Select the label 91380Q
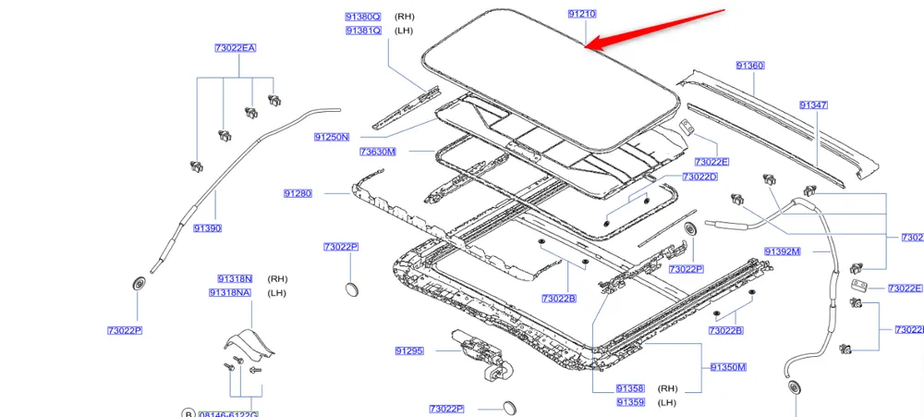click(x=363, y=17)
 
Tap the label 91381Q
click(x=363, y=31)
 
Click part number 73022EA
click(x=235, y=47)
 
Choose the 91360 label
click(x=750, y=66)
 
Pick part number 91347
click(x=814, y=105)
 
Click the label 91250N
click(x=332, y=137)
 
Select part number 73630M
click(x=378, y=152)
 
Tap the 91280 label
click(x=298, y=193)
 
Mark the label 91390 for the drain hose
click(x=208, y=227)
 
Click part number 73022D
click(x=700, y=176)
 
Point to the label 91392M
click(x=783, y=251)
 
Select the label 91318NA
click(x=230, y=293)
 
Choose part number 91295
click(x=408, y=350)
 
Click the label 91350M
click(x=728, y=367)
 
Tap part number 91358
click(x=630, y=388)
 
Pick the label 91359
click(x=630, y=402)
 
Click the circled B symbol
click(x=188, y=413)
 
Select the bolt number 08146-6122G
click(x=229, y=413)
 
